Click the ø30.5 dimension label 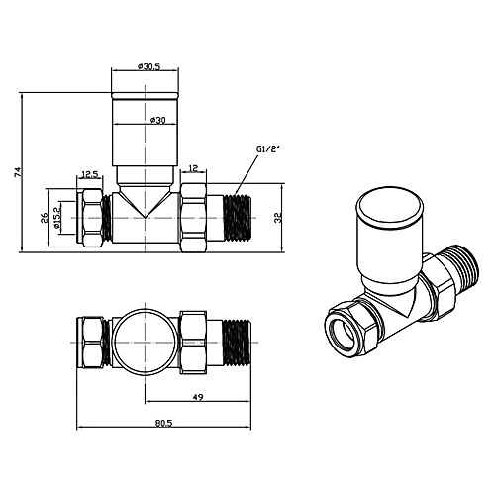148,66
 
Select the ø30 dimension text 157,121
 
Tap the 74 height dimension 18,172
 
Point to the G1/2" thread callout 268,148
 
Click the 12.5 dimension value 90,174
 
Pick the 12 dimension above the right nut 194,168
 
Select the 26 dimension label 44,218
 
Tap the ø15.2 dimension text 56,218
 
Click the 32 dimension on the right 278,218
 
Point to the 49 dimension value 197,397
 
